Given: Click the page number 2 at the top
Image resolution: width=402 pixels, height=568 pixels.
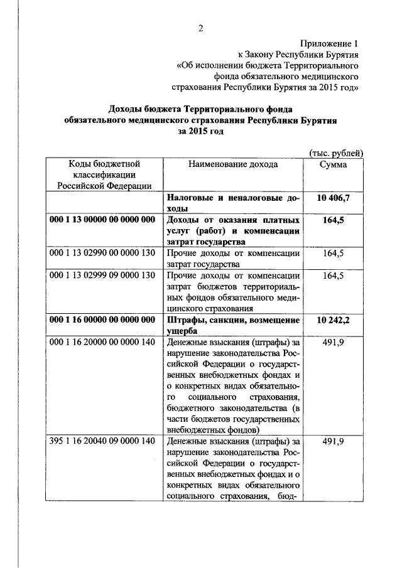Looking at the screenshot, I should [201, 28].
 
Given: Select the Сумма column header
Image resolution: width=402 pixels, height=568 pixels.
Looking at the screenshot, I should [334, 164].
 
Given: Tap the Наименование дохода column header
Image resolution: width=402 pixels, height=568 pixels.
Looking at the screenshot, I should [232, 164].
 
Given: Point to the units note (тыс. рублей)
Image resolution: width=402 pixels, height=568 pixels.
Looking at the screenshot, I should [336, 152].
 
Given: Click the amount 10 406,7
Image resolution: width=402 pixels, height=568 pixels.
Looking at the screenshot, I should [334, 198].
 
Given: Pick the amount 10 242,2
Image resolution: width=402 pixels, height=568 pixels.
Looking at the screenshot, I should [334, 321].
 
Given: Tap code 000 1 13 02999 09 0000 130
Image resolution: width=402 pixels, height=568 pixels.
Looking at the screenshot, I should [102, 276].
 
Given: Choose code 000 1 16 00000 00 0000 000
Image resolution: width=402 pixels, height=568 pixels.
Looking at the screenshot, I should [102, 321].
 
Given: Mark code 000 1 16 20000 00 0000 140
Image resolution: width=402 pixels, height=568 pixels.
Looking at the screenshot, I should [102, 343].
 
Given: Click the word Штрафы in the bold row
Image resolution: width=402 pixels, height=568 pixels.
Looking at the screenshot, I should [185, 321].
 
